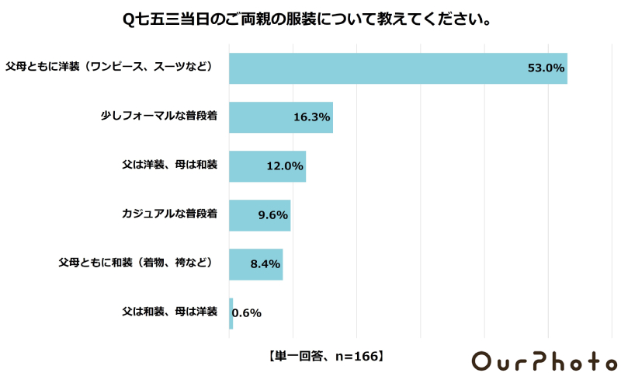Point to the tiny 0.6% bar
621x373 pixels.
231,313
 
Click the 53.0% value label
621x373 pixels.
546,68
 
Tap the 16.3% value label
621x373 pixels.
312,117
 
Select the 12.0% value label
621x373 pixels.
284,166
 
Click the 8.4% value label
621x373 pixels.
265,264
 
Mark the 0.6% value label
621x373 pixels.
247,313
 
